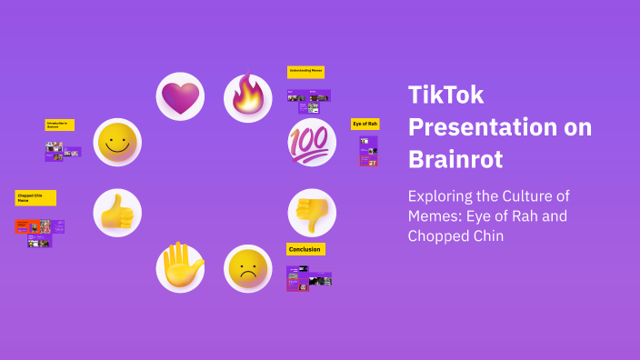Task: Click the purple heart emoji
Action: [x=180, y=96]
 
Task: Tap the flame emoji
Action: [x=247, y=97]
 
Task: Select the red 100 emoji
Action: [x=312, y=143]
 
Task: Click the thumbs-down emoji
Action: [x=312, y=212]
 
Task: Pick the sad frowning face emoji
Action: [x=247, y=268]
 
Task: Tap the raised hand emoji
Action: [x=180, y=268]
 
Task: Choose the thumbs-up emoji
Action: [x=117, y=213]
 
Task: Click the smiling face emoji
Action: [x=117, y=143]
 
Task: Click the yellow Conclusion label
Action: [x=305, y=249]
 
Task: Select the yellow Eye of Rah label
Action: [x=365, y=124]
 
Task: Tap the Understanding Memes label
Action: [x=305, y=71]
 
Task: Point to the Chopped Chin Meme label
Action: [x=35, y=197]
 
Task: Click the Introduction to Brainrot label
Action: [x=60, y=125]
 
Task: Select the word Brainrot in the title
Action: [x=455, y=158]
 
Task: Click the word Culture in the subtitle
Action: [x=533, y=196]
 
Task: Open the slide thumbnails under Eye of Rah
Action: [x=368, y=151]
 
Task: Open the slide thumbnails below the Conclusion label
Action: [x=309, y=279]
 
